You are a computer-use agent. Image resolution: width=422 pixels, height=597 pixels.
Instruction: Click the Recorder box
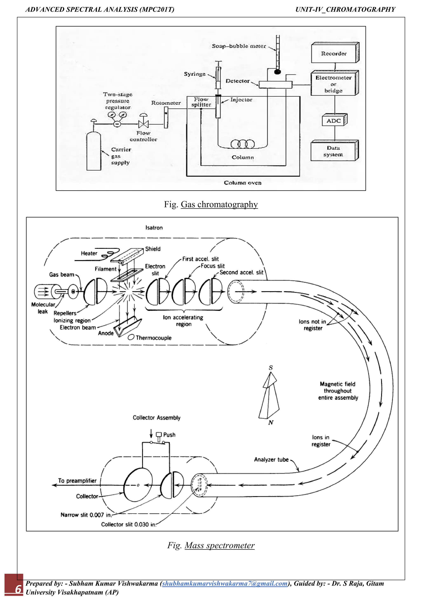pos(334,54)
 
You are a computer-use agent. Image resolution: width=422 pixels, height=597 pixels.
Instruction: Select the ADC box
pos(334,121)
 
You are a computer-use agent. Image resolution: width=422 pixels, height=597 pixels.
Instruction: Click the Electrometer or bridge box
pos(334,84)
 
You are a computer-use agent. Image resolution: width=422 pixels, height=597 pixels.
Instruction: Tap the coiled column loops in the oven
pos(243,144)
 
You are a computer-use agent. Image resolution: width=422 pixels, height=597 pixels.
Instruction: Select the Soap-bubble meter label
pos(239,46)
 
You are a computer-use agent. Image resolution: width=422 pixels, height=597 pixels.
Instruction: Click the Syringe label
pos(195,74)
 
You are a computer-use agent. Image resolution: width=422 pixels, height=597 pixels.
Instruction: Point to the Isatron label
pos(154,228)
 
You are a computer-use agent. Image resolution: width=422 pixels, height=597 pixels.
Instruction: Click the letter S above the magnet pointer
pos(271,368)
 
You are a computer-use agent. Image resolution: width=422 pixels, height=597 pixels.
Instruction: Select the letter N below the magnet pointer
pos(271,423)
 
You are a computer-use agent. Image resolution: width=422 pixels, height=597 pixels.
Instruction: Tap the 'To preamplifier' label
pos(77,481)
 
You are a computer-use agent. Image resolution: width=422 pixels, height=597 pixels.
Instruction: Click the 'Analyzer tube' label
pos(271,460)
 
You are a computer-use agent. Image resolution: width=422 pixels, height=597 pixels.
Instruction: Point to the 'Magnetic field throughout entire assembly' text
pos(338,391)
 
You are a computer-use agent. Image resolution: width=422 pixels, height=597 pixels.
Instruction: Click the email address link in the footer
pos(225,583)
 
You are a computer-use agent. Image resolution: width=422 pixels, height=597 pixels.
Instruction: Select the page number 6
pos(18,589)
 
